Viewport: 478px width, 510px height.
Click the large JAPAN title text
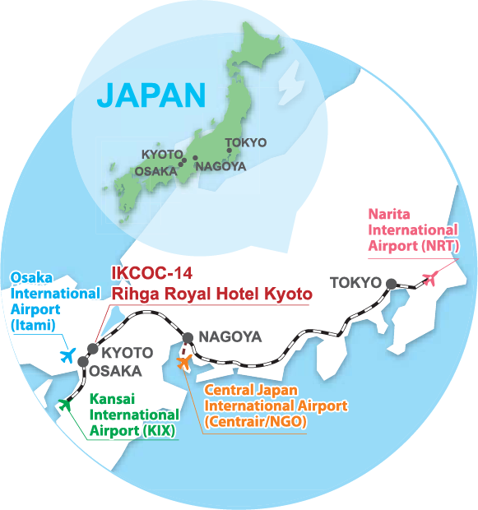[151, 95]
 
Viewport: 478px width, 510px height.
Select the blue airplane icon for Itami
[68, 355]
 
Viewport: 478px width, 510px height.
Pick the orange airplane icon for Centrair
[184, 361]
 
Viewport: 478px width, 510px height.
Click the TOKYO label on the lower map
[355, 283]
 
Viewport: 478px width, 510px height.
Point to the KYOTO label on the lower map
[126, 353]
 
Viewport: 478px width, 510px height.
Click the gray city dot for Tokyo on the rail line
[391, 284]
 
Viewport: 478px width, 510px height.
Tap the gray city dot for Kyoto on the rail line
[92, 350]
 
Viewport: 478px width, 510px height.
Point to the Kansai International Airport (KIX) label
[133, 416]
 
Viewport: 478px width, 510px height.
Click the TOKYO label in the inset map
[245, 142]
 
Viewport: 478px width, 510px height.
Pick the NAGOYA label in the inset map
[220, 165]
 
